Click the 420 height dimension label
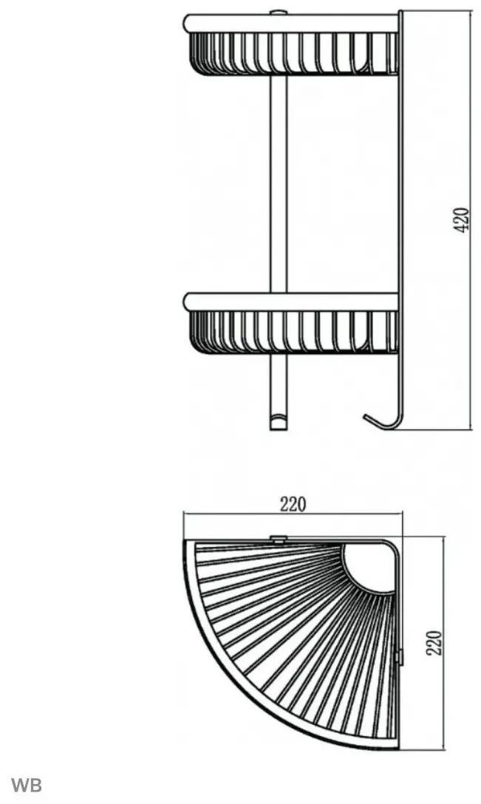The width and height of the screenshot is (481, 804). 462,220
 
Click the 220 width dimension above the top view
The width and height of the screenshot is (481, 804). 293,505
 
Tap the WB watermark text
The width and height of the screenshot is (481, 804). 27,785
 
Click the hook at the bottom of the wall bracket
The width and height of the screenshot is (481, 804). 383,421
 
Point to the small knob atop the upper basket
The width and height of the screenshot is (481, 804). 279,13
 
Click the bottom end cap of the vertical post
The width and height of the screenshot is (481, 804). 279,423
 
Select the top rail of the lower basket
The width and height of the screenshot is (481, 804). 291,302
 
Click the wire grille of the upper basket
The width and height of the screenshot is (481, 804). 294,53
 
